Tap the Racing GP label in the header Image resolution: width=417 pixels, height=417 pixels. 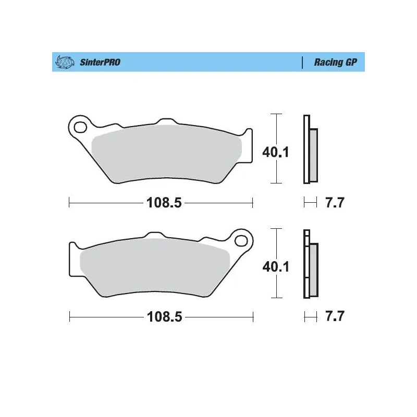point(336,63)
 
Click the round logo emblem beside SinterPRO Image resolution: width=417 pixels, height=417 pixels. point(63,63)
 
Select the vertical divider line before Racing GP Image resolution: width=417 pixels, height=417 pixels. point(302,63)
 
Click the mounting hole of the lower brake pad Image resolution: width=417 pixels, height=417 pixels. point(241,240)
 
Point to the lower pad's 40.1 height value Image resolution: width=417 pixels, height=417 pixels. point(276,267)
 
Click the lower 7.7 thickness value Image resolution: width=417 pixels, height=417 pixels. point(335,317)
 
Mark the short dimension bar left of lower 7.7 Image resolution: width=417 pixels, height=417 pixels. point(310,316)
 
